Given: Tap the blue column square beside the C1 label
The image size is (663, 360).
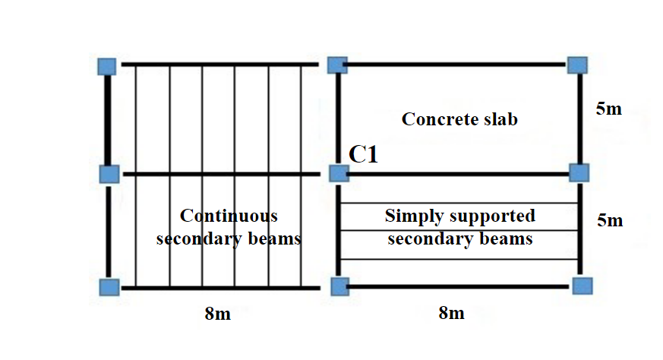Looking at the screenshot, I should point(339,174).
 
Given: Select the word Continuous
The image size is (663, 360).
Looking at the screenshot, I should point(229,216).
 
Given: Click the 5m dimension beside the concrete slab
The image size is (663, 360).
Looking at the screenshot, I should point(608,109).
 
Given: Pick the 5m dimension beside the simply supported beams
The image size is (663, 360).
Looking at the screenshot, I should point(608,221).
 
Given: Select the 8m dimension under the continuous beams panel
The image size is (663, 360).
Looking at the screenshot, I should point(217,313).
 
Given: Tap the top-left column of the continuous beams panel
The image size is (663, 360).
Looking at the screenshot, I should point(108,65).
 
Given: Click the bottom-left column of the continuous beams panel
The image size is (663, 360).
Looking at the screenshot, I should point(109,286).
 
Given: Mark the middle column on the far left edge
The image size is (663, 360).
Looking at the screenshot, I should point(109,174).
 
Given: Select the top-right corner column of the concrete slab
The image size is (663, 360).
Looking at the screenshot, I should point(578,65).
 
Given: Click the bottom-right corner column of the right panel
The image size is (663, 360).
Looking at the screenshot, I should point(581,286).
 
